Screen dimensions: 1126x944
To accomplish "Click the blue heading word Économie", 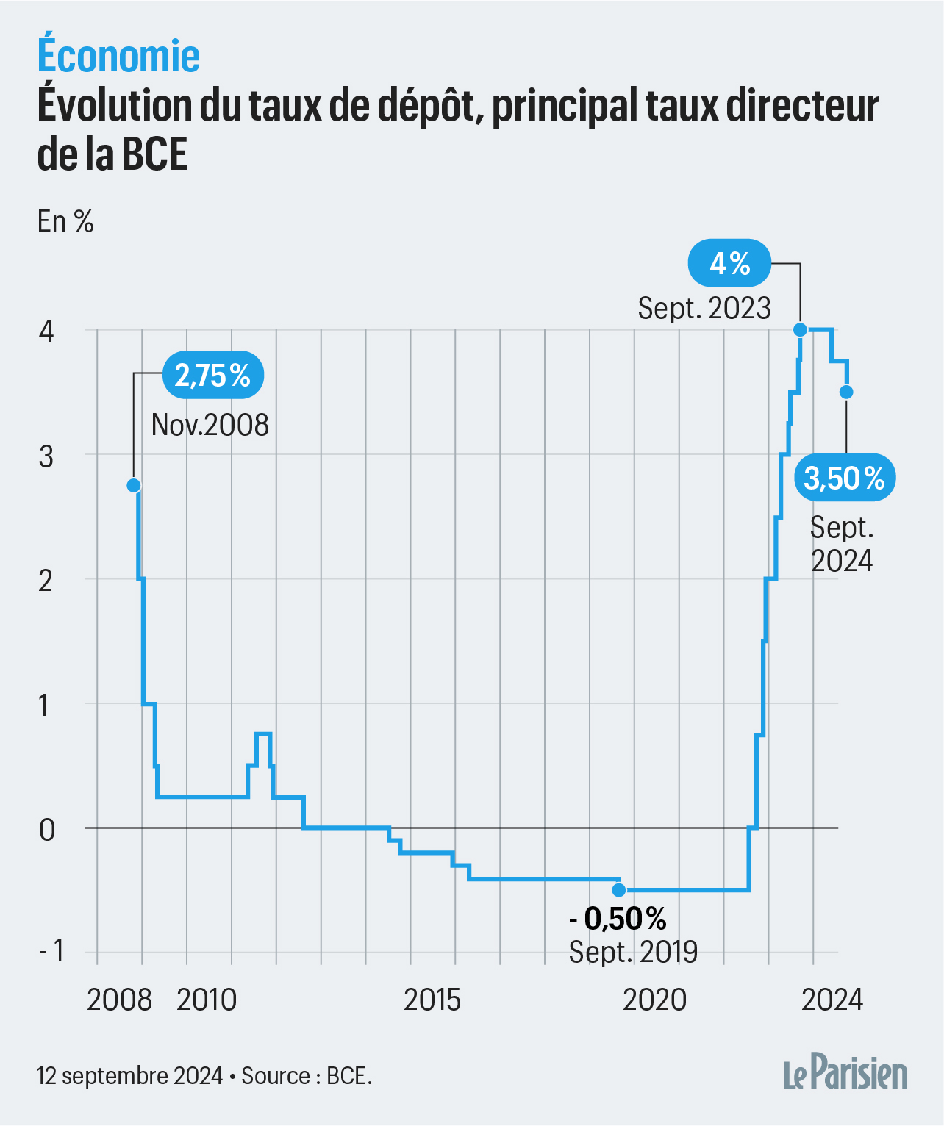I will coord(118,56).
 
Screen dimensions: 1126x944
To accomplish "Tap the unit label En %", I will coord(65,221).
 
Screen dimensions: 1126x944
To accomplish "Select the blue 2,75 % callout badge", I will coord(212,376).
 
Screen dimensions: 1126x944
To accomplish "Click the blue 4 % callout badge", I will coord(729,263).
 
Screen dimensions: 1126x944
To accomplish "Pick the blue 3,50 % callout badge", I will coord(845,478).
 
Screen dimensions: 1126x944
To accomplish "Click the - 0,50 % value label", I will coord(618,919).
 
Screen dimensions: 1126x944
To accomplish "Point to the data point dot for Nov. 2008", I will coord(134,485).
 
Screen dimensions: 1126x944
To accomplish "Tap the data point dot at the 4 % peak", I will coord(801,330).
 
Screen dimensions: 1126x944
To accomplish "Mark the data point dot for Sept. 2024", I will coord(846,392).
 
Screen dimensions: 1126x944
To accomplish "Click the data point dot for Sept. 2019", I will coord(619,890).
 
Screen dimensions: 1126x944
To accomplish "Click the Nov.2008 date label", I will coord(210,425).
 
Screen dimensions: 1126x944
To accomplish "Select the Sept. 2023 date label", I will coord(704,308).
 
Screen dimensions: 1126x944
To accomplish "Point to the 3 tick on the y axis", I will coord(46,456).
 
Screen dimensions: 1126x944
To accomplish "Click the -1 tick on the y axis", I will coord(51,950).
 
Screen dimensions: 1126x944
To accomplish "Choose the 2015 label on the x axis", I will coord(432,1000).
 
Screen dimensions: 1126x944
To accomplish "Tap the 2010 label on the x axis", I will coord(207,1000).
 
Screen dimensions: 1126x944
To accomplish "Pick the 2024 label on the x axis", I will coord(832,1000).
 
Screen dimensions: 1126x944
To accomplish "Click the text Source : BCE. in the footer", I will coord(307,1076).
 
